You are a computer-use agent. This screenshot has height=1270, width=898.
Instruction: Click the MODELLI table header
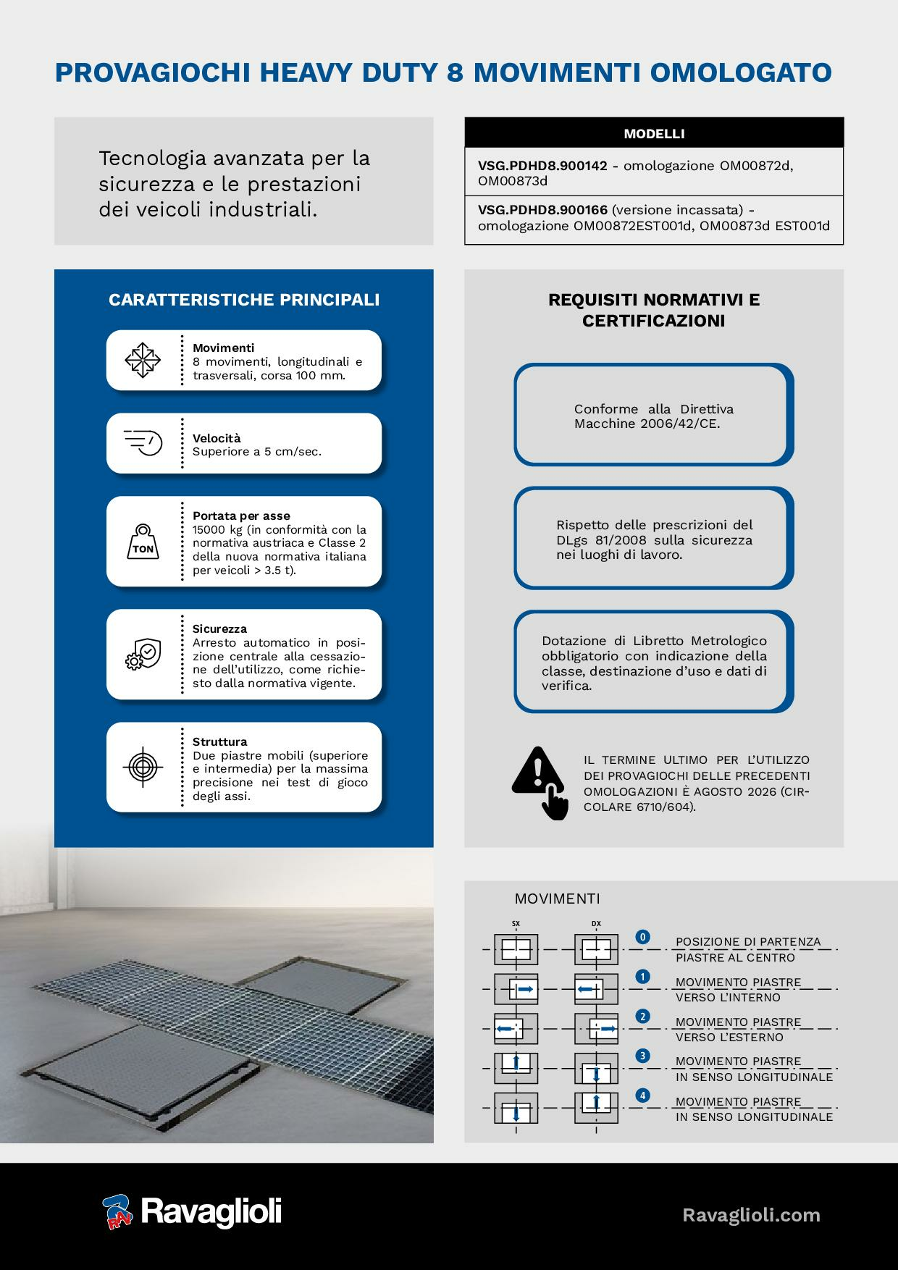[654, 133]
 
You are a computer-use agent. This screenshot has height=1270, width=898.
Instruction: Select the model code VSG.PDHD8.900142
[542, 165]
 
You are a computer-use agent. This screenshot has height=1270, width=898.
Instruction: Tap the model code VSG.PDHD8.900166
[542, 210]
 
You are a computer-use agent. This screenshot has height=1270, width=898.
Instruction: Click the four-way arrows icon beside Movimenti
[143, 360]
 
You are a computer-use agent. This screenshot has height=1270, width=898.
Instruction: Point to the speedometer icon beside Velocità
[143, 442]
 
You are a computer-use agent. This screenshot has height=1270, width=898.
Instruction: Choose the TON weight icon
[143, 542]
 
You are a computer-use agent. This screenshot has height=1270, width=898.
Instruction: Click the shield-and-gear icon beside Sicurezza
[143, 654]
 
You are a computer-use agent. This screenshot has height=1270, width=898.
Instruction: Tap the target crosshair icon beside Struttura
[143, 767]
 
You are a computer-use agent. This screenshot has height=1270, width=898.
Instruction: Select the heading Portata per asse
[241, 516]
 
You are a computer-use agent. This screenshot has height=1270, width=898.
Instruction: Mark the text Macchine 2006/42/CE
[647, 424]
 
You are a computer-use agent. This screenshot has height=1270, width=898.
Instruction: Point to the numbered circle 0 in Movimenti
[642, 937]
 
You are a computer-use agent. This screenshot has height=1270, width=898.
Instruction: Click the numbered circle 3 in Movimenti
[642, 1056]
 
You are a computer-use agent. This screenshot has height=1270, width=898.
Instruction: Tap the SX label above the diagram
[516, 924]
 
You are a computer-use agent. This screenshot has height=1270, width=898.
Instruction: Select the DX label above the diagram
[596, 924]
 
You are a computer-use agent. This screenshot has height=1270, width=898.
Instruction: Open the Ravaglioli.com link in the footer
[752, 1214]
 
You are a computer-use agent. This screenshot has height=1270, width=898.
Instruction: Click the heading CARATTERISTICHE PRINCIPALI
[244, 300]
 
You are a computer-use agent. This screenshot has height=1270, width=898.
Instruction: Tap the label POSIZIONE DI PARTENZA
[748, 942]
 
